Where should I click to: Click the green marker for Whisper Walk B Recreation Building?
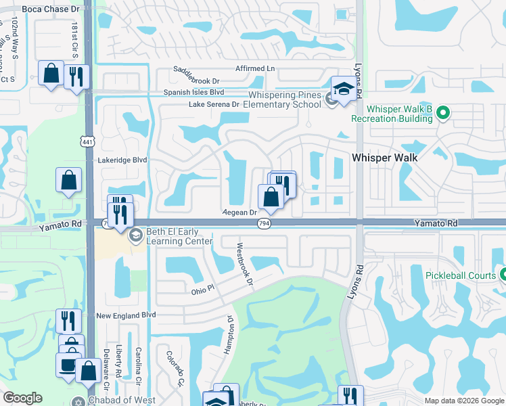point(443,112)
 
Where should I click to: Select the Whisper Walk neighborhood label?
point(384,157)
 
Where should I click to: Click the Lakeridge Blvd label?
point(122,160)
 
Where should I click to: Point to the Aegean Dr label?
point(241,212)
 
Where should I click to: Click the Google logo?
point(22,398)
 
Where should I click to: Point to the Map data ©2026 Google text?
point(463,401)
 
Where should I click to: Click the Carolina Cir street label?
point(139,363)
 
